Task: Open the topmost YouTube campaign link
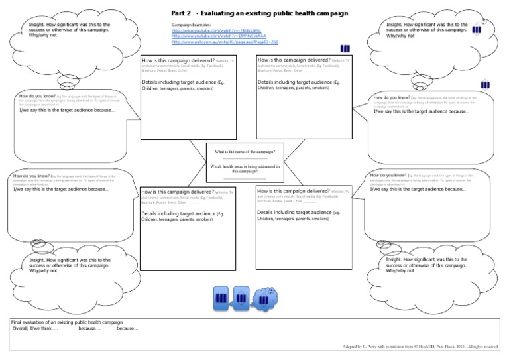pyautogui.click(x=199, y=30)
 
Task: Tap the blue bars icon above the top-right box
pyautogui.click(x=345, y=48)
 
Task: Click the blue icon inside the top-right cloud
pyautogui.click(x=477, y=30)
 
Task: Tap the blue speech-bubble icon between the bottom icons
pyautogui.click(x=242, y=298)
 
